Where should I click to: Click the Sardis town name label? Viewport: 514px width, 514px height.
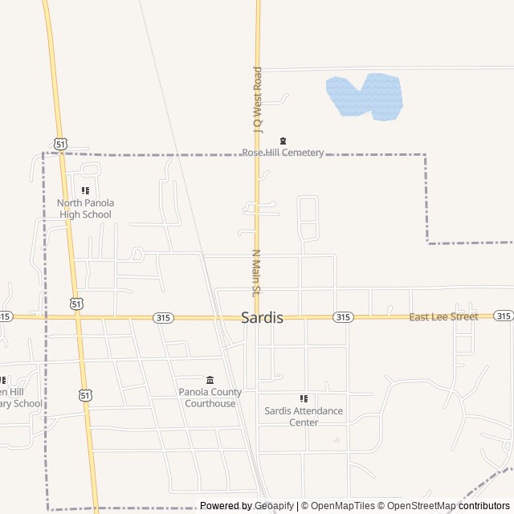pyautogui.click(x=262, y=317)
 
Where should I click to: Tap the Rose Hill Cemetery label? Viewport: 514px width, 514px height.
pyautogui.click(x=283, y=153)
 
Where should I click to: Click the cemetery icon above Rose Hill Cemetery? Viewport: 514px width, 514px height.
pyautogui.click(x=283, y=141)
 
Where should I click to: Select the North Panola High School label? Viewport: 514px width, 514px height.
pyautogui.click(x=85, y=209)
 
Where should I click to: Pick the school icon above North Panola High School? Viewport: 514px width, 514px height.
pyautogui.click(x=85, y=190)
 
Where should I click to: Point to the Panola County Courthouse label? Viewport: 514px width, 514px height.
pyautogui.click(x=210, y=398)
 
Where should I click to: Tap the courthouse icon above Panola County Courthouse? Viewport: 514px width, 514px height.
pyautogui.click(x=210, y=380)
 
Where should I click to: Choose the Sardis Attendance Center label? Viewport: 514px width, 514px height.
pyautogui.click(x=304, y=416)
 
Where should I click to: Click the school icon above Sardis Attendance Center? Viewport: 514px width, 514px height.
pyautogui.click(x=304, y=398)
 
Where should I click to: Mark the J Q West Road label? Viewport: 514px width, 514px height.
pyautogui.click(x=258, y=98)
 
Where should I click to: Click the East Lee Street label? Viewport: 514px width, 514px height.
pyautogui.click(x=443, y=317)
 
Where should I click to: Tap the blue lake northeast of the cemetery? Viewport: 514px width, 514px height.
pyautogui.click(x=365, y=96)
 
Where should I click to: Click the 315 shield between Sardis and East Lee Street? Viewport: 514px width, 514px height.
pyautogui.click(x=343, y=317)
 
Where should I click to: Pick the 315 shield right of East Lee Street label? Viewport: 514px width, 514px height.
pyautogui.click(x=504, y=316)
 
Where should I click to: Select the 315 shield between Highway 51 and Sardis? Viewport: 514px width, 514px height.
pyautogui.click(x=164, y=318)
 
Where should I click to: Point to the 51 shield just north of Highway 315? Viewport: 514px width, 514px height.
pyautogui.click(x=75, y=304)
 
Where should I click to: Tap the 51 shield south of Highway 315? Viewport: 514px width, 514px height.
pyautogui.click(x=85, y=394)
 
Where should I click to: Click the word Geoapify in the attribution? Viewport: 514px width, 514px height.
pyautogui.click(x=275, y=506)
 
